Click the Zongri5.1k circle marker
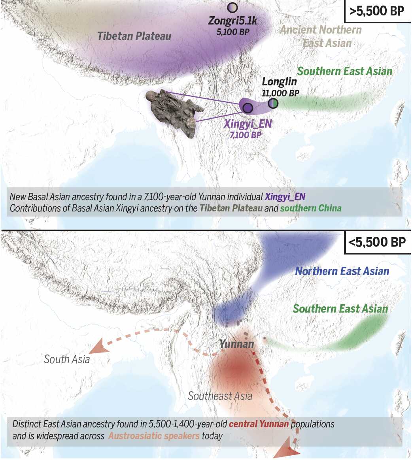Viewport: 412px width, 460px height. point(232,8)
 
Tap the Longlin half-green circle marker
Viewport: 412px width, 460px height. point(273,104)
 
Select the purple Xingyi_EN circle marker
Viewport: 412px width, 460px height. point(248,107)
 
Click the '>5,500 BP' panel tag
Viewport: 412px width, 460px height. point(377,11)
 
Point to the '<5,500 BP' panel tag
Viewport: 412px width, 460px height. point(377,242)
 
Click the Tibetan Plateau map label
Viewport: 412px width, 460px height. point(134,36)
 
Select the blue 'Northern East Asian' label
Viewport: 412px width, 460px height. point(342,271)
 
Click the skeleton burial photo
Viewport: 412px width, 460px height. point(173,112)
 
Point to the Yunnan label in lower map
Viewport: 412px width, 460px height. point(236,344)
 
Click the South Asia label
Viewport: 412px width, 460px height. point(67,359)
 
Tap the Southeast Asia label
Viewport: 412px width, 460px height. point(220,396)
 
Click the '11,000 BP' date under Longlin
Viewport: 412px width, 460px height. point(280,94)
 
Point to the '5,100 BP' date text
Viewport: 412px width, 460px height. point(233,32)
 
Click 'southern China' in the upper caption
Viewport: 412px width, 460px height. point(311,208)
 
